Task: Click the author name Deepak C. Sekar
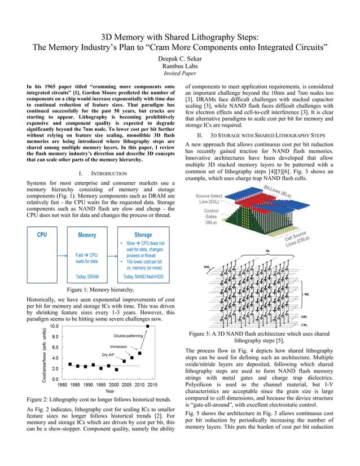[180, 58]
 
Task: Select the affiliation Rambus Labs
[180, 65]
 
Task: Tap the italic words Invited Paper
[180, 73]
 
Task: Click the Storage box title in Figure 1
[143, 235]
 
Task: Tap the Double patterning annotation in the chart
[128, 336]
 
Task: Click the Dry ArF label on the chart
[111, 355]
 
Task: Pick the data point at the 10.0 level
[148, 326]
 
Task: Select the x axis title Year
[109, 391]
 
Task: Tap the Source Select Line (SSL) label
[209, 198]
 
